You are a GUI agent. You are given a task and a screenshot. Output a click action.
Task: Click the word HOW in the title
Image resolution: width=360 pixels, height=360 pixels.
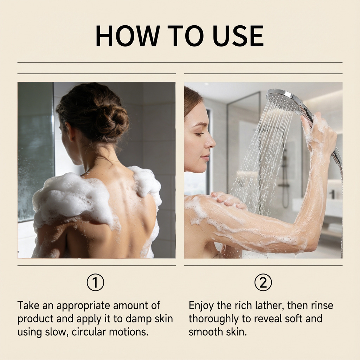click(128, 36)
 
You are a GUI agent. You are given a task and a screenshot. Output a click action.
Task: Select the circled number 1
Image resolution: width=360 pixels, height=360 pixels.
click(96, 282)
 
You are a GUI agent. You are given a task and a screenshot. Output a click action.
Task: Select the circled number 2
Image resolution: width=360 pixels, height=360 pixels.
click(263, 282)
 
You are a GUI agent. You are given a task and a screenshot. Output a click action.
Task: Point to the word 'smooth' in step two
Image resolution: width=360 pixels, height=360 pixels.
click(203, 332)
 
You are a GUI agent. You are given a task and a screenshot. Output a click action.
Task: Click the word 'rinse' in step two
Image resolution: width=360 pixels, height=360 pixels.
click(322, 306)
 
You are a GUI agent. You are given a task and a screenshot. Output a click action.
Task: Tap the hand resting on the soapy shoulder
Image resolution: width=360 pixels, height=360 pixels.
click(229, 199)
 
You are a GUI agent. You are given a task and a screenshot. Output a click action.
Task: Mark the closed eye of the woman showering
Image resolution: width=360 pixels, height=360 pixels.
click(199, 134)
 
